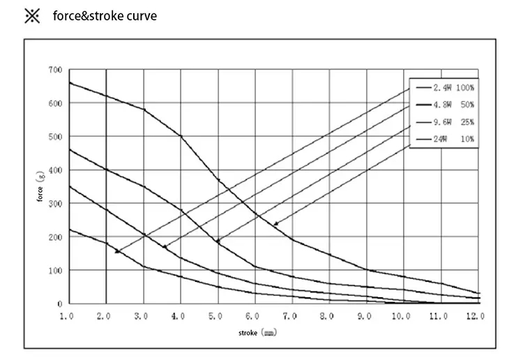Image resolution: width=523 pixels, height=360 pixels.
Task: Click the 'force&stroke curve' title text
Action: [x=105, y=15]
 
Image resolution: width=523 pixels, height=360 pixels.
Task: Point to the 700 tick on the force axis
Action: [x=55, y=70]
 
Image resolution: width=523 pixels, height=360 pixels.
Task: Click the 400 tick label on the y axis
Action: [x=55, y=170]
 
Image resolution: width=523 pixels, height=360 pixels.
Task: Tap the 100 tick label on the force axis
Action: [x=55, y=271]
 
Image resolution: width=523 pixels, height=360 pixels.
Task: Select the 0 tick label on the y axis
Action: [x=60, y=304]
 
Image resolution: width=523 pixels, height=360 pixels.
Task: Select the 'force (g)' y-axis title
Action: [x=41, y=187]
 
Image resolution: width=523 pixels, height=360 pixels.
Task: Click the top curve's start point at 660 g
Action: [x=69, y=82]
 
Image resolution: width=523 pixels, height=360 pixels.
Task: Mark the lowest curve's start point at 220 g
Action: [x=69, y=230]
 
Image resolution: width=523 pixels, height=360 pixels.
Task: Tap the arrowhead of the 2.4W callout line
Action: [x=117, y=252]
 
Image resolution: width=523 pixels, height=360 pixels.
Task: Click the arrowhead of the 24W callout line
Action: [x=275, y=224]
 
